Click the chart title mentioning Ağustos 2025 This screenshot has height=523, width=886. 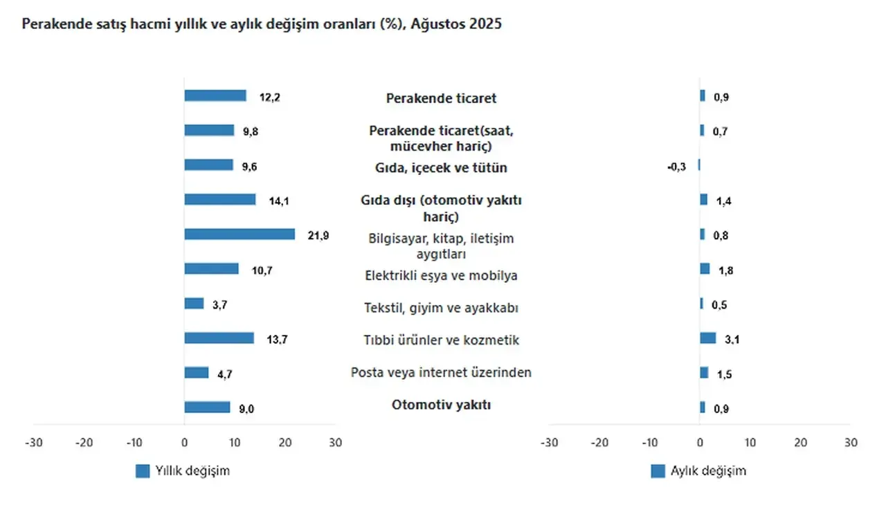pyautogui.click(x=262, y=24)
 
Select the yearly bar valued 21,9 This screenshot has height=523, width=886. pyautogui.click(x=239, y=235)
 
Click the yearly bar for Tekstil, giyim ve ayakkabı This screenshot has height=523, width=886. pyautogui.click(x=194, y=304)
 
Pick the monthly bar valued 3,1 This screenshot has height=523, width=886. pyautogui.click(x=707, y=338)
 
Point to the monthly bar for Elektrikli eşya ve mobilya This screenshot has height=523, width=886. pyautogui.click(x=705, y=269)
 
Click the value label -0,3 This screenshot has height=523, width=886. pyautogui.click(x=676, y=166)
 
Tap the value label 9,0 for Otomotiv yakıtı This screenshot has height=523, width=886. pyautogui.click(x=246, y=409)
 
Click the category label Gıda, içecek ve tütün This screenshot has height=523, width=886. pyautogui.click(x=442, y=168)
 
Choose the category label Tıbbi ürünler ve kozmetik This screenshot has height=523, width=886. pyautogui.click(x=442, y=340)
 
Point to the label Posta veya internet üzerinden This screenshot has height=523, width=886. pyautogui.click(x=442, y=373)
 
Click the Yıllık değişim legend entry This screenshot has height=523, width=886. pyautogui.click(x=183, y=471)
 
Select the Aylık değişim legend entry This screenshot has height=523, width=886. pyautogui.click(x=699, y=471)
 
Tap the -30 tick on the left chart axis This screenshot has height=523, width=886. pyautogui.click(x=33, y=443)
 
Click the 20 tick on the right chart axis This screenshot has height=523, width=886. pyautogui.click(x=800, y=443)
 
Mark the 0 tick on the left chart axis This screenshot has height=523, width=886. pyautogui.click(x=184, y=443)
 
